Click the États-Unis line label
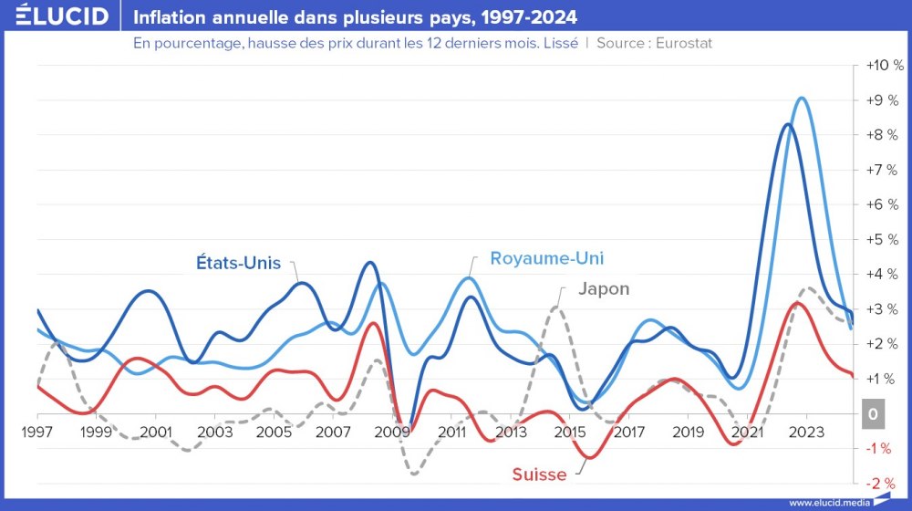[x=239, y=263]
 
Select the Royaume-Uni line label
[x=547, y=257]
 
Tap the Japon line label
[x=604, y=289]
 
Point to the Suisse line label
[x=539, y=474]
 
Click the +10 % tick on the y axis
[x=883, y=67]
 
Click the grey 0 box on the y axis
[x=873, y=414]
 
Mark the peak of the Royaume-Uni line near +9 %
[x=802, y=98]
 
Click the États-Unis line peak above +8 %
[x=787, y=124]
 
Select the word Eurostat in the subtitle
[x=679, y=43]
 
